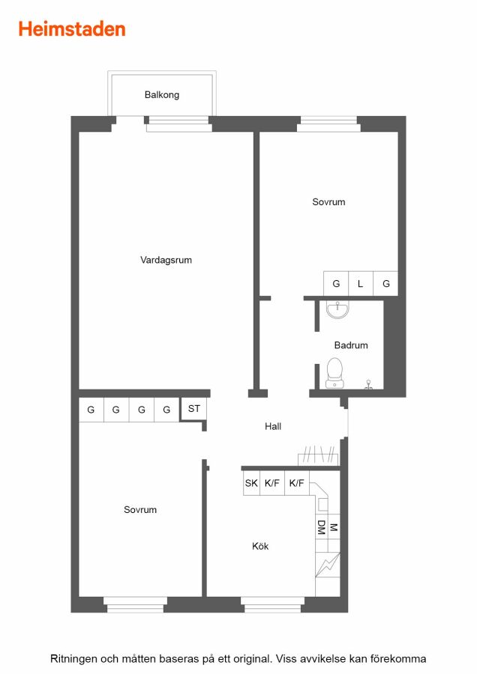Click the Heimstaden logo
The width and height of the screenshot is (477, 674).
point(72,29)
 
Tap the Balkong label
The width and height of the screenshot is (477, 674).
point(162,94)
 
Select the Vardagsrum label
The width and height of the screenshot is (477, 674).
point(166,260)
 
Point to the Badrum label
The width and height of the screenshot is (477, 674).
point(351,345)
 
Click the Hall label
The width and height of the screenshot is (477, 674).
point(273,426)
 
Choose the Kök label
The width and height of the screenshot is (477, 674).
point(260,546)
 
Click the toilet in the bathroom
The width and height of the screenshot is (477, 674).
point(334,373)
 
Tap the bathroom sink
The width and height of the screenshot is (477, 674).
point(337,309)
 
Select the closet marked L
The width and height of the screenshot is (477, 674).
point(361,284)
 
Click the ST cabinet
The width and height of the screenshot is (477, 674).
point(193,408)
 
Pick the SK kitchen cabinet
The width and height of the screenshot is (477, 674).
point(251,483)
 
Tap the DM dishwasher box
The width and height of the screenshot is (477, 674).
point(322,527)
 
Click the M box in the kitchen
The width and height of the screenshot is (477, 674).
point(334,527)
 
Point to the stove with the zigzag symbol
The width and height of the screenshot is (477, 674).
point(328,565)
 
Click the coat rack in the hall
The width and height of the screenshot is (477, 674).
point(319,456)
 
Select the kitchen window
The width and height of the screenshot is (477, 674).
point(272,605)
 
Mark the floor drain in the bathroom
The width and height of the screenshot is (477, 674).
point(368,385)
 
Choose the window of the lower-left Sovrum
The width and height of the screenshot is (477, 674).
point(135,605)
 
